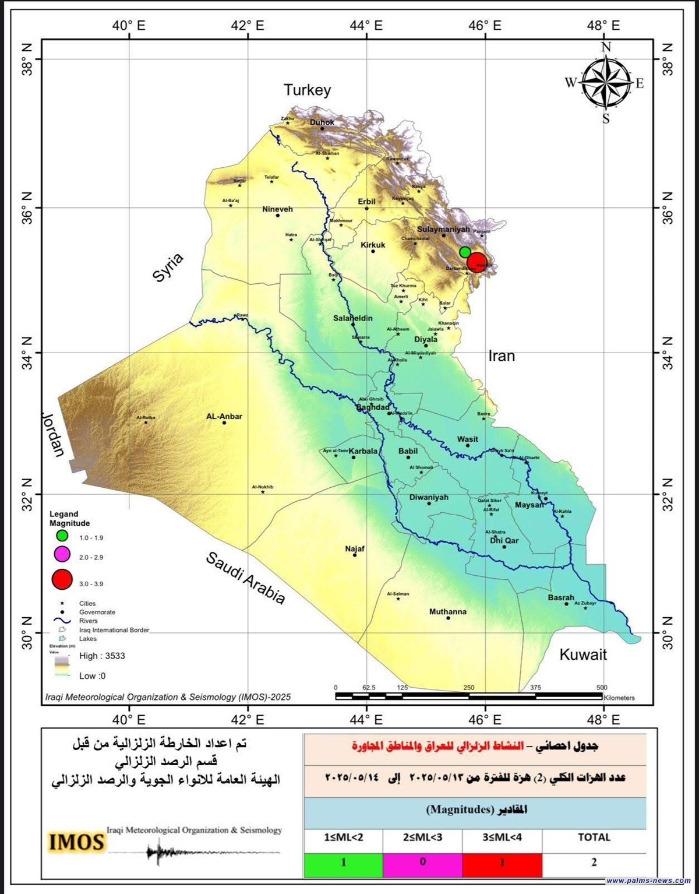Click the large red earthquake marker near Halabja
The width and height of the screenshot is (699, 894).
tap(477, 262)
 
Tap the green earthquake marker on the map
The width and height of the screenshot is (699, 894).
tap(465, 252)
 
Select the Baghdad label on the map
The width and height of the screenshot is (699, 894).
tap(373, 407)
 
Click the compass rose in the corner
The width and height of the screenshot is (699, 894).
tap(606, 83)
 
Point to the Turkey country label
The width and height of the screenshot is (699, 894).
tap(307, 90)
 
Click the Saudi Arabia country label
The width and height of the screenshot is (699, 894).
tap(245, 578)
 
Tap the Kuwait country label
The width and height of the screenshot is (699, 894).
tap(583, 654)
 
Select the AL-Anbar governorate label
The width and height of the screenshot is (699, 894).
tap(224, 416)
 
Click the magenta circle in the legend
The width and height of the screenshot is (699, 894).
tap(62, 554)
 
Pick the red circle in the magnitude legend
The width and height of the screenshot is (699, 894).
tap(62, 580)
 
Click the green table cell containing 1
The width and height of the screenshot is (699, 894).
tap(343, 863)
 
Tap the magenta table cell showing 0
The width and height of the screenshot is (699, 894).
tap(422, 863)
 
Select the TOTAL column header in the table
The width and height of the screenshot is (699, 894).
tap(594, 837)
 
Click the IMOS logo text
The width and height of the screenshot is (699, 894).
tap(76, 842)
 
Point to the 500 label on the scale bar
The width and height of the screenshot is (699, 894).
tap(602, 688)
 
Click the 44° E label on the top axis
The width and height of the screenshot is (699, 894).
tap(366, 26)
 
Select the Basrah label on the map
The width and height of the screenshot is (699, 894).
tap(561, 597)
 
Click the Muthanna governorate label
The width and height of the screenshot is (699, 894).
tap(448, 611)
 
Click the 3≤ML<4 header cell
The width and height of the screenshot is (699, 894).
tap(502, 837)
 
